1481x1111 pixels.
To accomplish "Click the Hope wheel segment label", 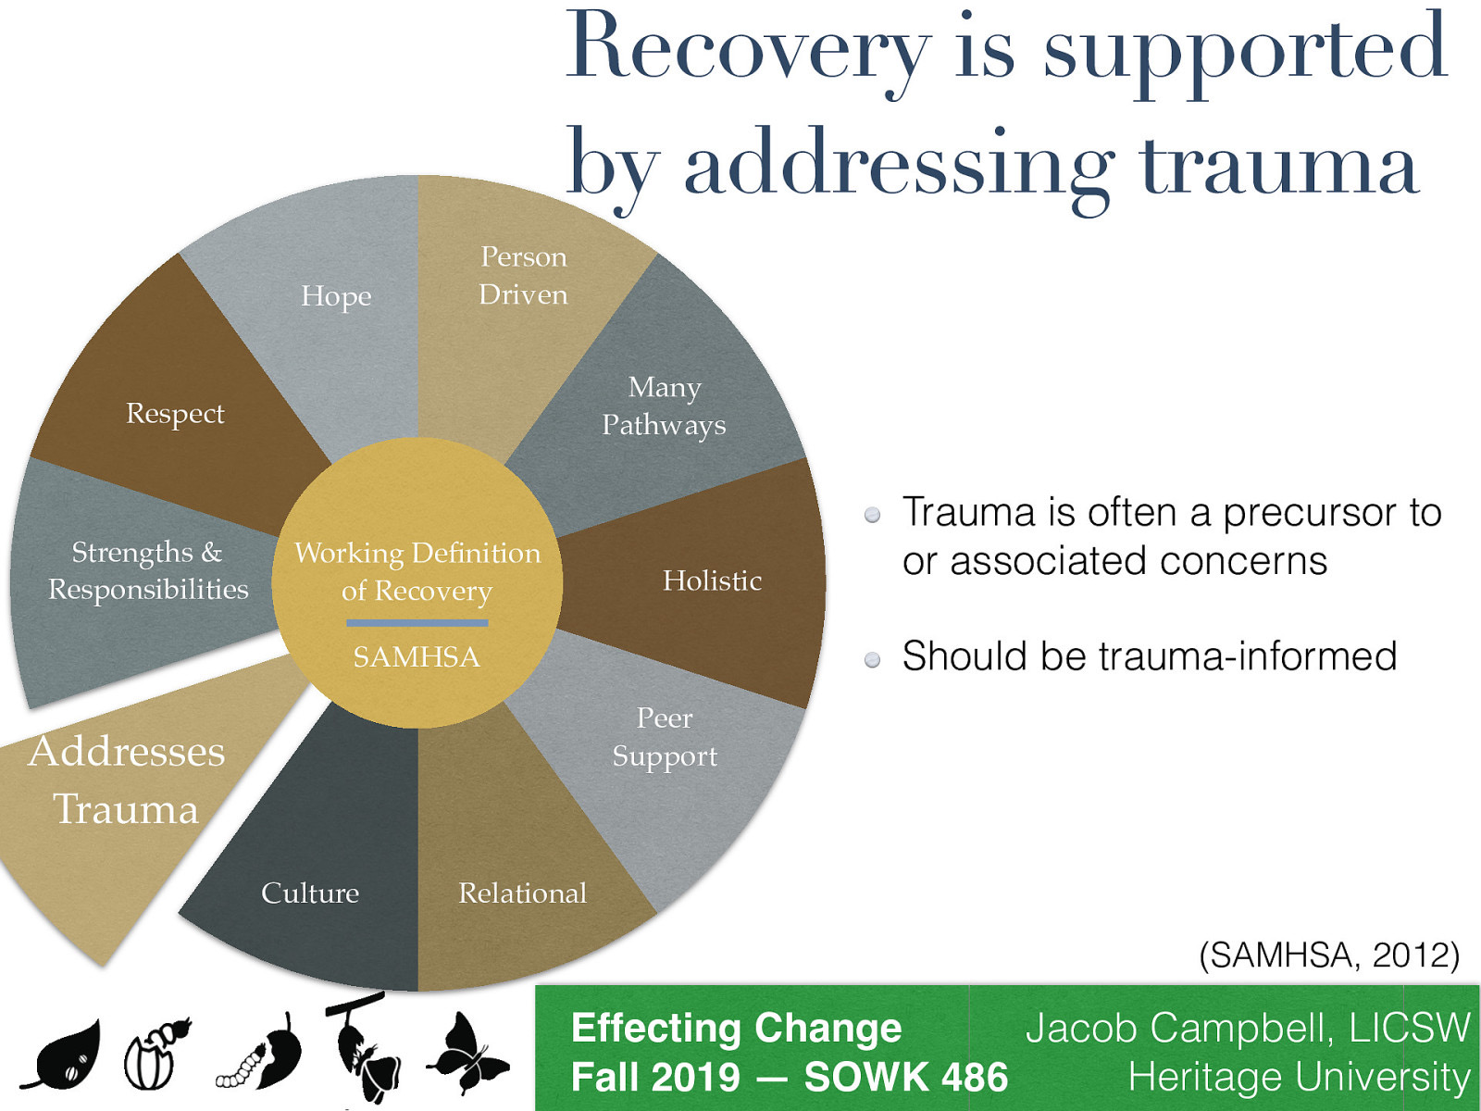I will (336, 296).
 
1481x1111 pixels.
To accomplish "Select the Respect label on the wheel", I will (175, 414).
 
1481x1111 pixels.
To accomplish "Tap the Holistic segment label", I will (712, 580).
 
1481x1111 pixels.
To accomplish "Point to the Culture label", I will (310, 893).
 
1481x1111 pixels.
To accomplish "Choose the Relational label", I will (522, 893).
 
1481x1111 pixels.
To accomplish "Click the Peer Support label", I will (665, 737).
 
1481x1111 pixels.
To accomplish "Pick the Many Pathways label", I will (664, 406).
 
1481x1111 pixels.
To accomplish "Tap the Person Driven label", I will (523, 275).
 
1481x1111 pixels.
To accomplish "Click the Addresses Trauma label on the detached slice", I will (127, 780).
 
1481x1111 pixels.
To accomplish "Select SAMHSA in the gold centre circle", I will (417, 656).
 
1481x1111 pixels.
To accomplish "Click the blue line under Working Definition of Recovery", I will (417, 623).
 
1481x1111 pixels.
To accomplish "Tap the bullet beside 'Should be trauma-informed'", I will (872, 659).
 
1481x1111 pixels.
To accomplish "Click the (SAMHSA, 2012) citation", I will (1328, 955).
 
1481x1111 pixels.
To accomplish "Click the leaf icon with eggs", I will (63, 1055).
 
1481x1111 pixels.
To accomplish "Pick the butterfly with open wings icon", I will (467, 1055).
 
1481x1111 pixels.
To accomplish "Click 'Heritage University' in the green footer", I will (1299, 1078).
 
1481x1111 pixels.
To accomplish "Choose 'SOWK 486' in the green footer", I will (905, 1078).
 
